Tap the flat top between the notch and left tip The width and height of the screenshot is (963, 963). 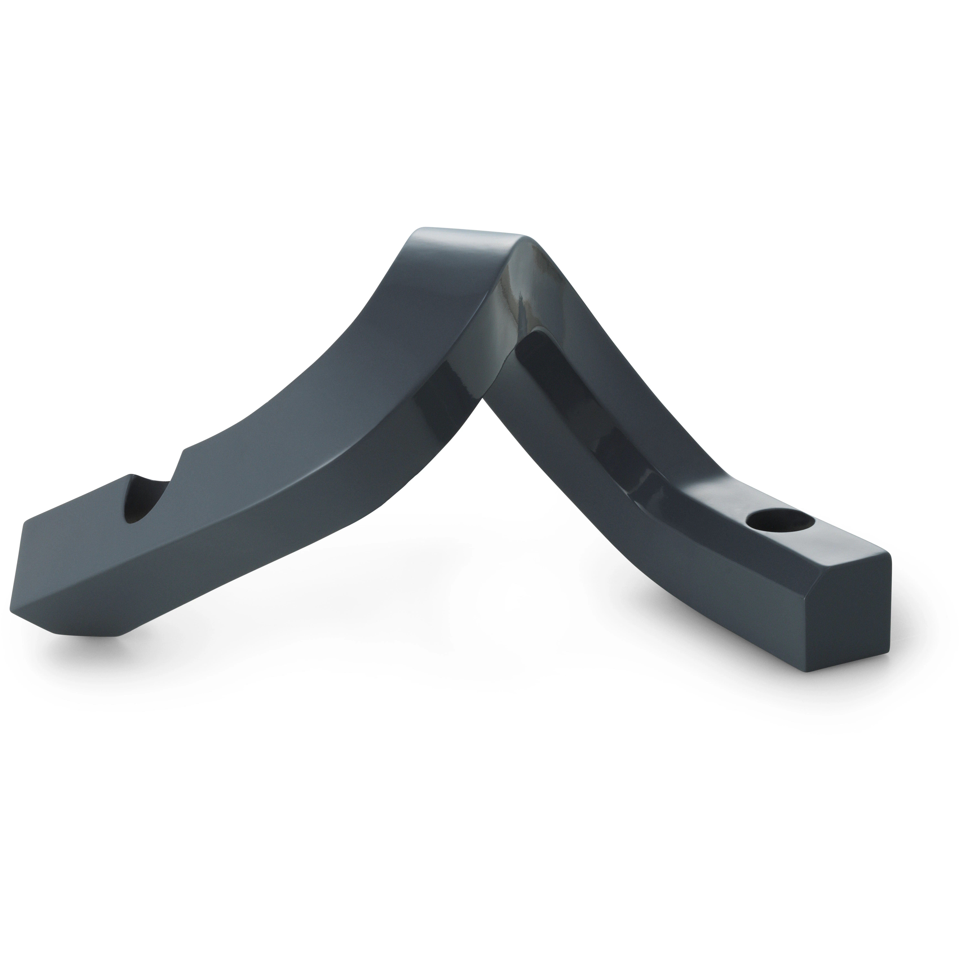point(75,503)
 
